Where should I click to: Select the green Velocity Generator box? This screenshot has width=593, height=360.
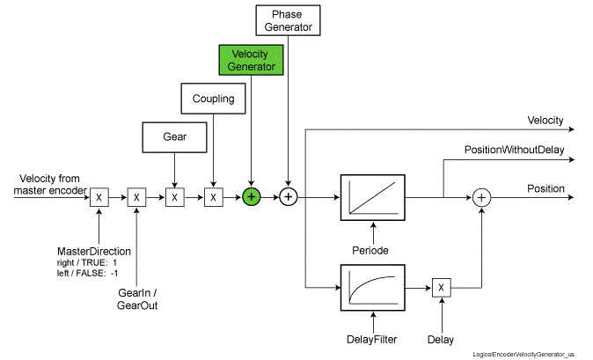252,59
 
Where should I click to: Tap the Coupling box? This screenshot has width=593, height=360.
214,99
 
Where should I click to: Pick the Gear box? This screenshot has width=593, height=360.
174,136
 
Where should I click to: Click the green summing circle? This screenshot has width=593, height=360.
251,197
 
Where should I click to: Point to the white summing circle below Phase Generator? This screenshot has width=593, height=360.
287,197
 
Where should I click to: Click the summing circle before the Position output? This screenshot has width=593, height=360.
481,197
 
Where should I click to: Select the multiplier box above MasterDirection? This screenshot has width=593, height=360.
99,197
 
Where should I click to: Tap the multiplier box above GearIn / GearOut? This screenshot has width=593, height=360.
135,197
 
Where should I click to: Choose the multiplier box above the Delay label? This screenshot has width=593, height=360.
441,287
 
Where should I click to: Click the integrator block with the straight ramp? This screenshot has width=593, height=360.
371,197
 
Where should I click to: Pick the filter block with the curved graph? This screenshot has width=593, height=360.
371,287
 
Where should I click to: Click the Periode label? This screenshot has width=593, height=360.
371,249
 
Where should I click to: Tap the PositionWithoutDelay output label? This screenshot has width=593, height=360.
515,150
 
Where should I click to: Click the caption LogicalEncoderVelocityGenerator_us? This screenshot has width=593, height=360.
530,352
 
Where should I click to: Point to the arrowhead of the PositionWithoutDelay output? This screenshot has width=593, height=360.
572,160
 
